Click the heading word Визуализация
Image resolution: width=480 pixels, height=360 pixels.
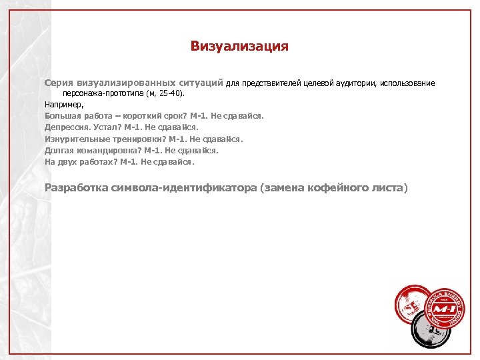tap(239, 46)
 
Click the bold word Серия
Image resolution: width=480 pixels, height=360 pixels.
tap(59, 83)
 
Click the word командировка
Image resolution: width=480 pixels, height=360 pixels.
tap(106, 150)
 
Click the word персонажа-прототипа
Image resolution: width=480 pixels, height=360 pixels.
tap(99, 94)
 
